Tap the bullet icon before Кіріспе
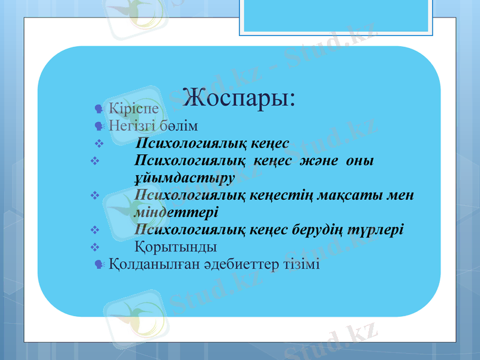tap(100, 109)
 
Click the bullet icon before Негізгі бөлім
tap(100, 126)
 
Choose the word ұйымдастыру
tap(184, 178)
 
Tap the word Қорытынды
tap(176, 247)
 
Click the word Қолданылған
tap(152, 264)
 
